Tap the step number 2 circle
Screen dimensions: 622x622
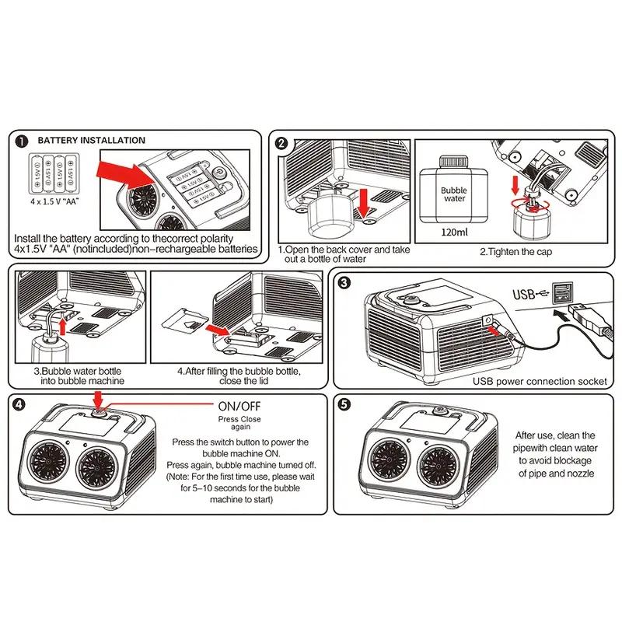281,143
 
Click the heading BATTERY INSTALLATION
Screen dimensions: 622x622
91,141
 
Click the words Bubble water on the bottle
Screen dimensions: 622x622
454,194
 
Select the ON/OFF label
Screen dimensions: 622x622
239,406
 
